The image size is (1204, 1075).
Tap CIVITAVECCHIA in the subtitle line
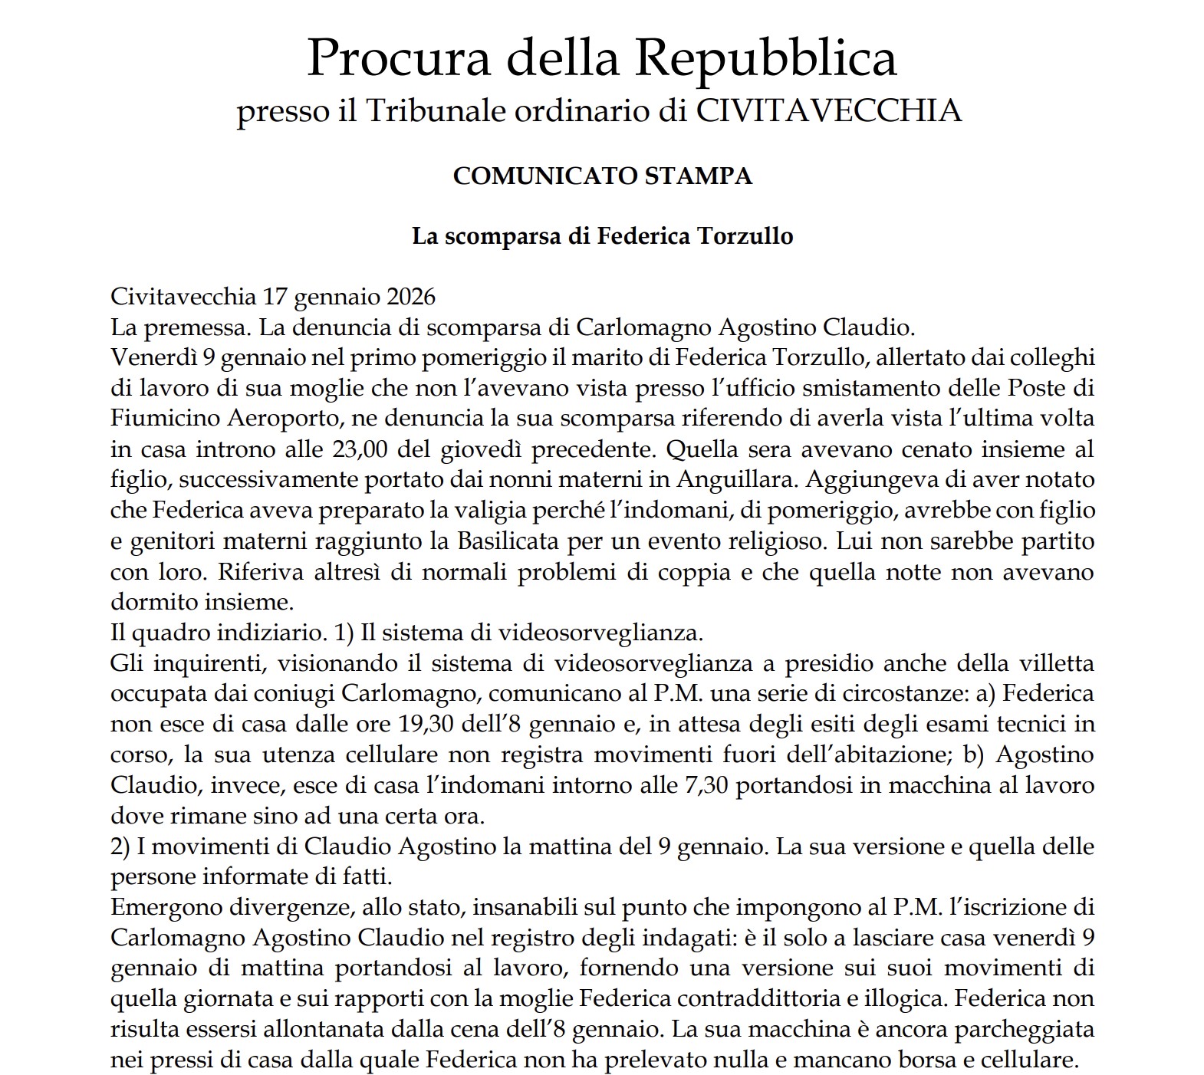tap(828, 111)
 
